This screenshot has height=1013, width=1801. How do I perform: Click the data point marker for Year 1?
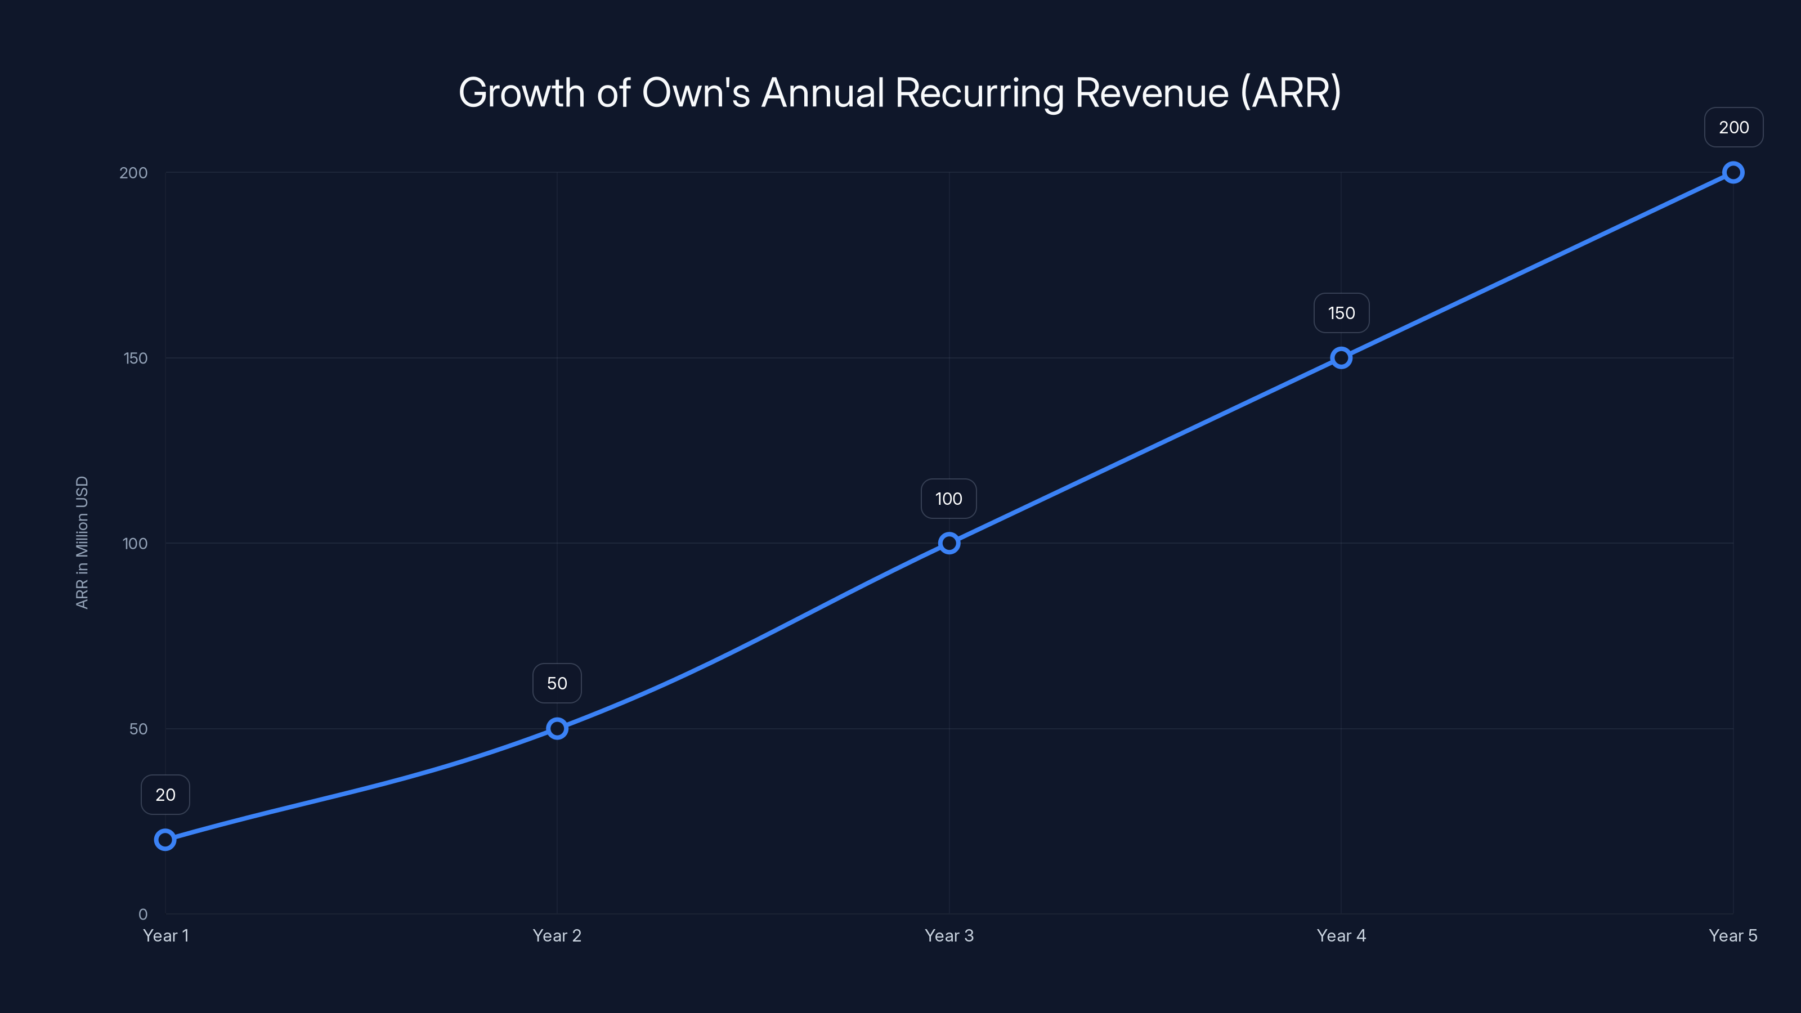point(165,840)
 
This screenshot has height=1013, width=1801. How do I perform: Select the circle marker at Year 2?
point(557,728)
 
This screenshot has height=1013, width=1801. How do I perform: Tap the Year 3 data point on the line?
point(949,543)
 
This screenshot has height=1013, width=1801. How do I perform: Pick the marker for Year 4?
point(1341,358)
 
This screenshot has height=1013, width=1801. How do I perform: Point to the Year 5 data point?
point(1733,173)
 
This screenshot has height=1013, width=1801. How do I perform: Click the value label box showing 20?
point(165,795)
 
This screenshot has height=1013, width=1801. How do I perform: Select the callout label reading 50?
point(557,683)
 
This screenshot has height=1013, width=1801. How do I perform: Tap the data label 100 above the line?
point(949,499)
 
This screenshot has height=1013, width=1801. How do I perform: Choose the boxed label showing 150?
point(1341,313)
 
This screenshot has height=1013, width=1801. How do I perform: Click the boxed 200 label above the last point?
point(1733,127)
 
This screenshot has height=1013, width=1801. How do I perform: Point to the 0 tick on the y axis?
point(142,915)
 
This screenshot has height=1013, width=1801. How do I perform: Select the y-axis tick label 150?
point(136,358)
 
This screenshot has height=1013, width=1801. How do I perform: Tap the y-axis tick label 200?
point(133,173)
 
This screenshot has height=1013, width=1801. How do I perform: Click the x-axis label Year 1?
point(165,935)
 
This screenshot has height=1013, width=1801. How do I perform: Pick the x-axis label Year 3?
point(949,935)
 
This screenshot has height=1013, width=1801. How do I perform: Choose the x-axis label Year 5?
point(1732,935)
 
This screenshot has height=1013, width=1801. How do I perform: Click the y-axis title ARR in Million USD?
point(82,543)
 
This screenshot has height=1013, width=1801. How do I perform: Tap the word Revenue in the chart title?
point(1152,93)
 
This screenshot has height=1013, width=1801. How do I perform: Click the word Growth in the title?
point(521,93)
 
